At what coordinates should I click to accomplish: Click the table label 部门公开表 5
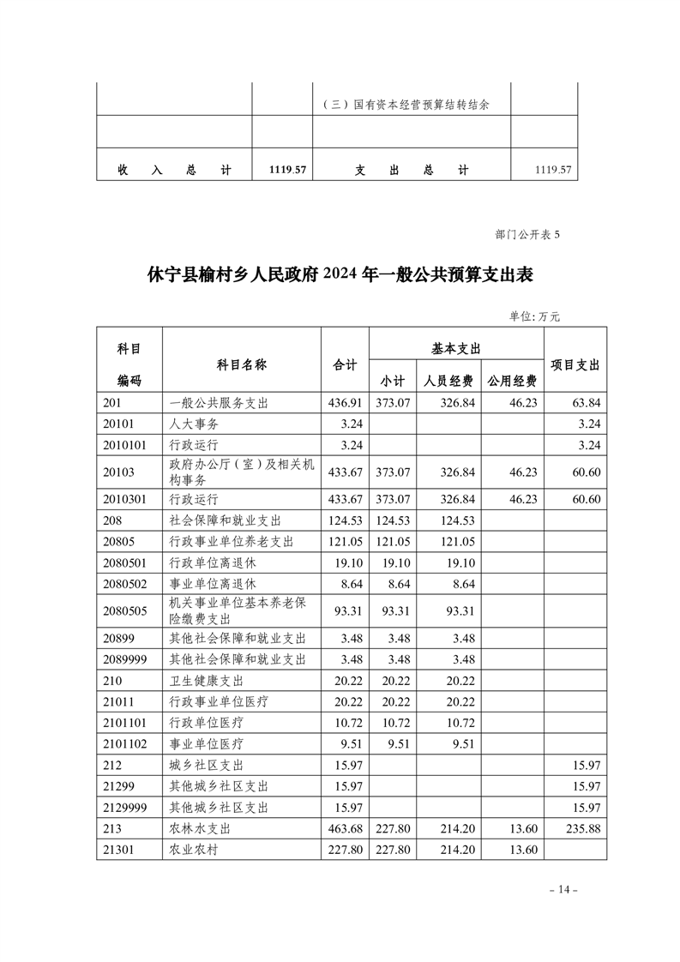click(527, 233)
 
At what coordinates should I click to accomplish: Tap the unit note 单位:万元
click(534, 316)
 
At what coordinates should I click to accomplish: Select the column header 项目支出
click(575, 364)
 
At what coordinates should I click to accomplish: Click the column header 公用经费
click(512, 381)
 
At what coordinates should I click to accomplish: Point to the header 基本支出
click(456, 347)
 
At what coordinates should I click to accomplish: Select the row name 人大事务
click(190, 423)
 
